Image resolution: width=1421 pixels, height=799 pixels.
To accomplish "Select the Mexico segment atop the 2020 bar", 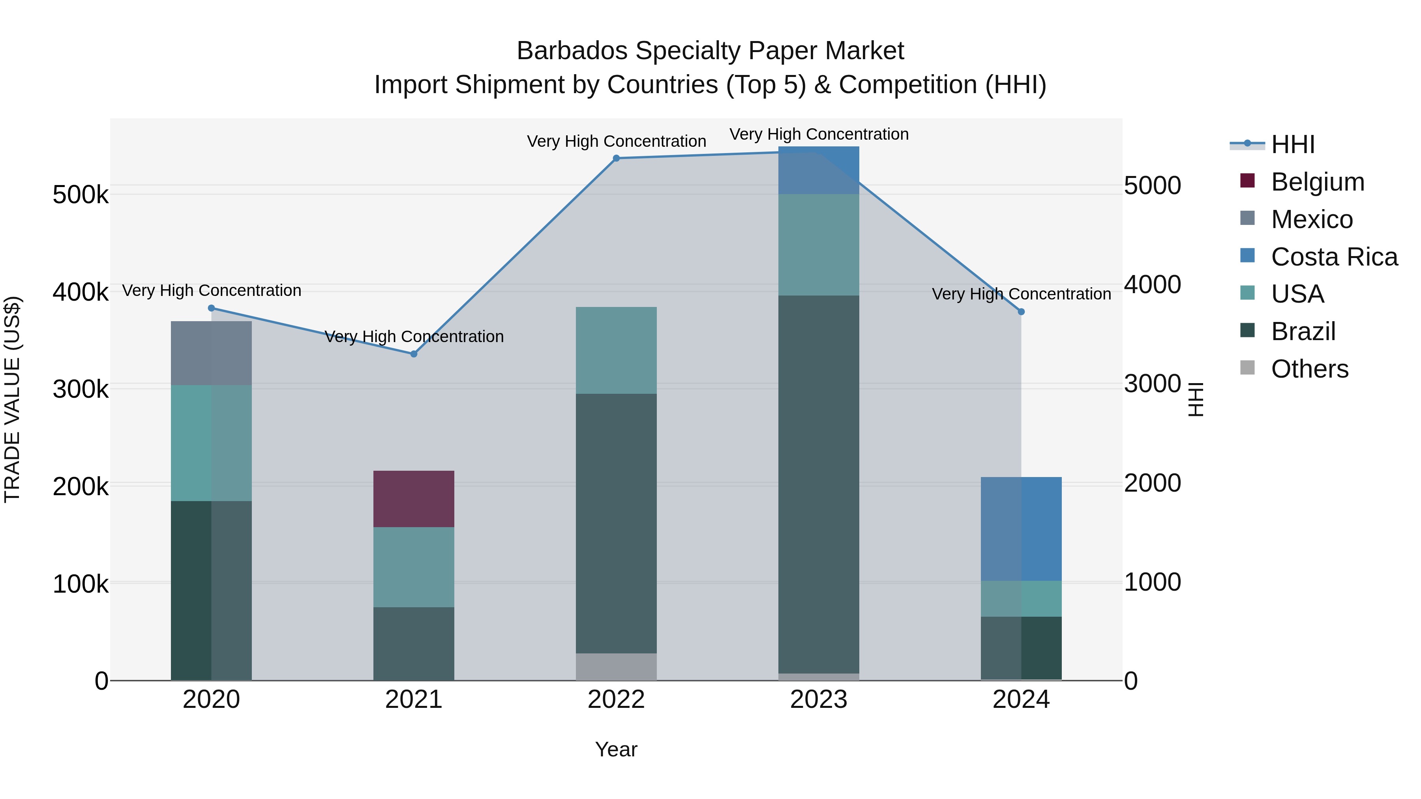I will point(211,353).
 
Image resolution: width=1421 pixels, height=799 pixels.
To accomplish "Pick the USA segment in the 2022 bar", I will point(616,350).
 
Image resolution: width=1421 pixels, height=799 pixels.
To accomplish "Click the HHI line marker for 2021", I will point(414,354).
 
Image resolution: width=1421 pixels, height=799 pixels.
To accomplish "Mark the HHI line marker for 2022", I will point(616,158).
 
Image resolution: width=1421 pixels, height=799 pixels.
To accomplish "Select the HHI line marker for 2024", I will point(1021,312).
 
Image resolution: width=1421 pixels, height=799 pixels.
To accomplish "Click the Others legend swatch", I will point(1247,368).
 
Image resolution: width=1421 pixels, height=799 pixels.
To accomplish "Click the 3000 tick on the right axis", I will point(1152,384).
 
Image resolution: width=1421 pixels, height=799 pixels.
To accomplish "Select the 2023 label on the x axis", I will point(819,700).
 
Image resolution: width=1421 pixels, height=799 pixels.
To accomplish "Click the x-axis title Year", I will point(616,749).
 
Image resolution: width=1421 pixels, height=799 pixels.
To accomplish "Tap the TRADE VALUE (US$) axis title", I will point(12,399).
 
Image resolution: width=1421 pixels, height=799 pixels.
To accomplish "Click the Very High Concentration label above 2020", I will point(211,290).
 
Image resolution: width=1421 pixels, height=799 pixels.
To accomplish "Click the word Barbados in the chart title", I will point(572,51).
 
